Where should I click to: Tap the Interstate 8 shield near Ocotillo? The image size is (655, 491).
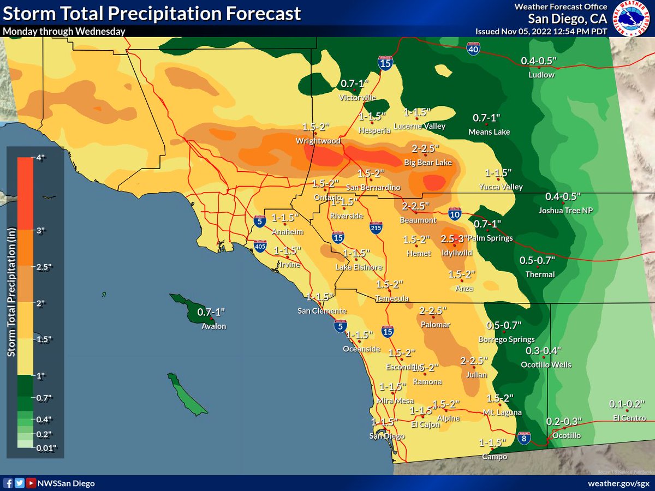tap(523, 438)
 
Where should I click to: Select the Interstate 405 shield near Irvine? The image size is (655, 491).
tap(260, 247)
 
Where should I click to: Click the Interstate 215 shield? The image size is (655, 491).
tap(376, 228)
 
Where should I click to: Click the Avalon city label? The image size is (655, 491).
tap(213, 326)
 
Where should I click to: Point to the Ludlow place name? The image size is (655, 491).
tap(541, 75)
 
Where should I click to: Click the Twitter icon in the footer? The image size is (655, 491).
tap(20, 483)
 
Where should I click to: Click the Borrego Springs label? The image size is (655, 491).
tap(506, 339)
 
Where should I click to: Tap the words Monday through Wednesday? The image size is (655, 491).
tap(64, 31)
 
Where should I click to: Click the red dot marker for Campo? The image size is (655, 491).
tap(493, 448)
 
